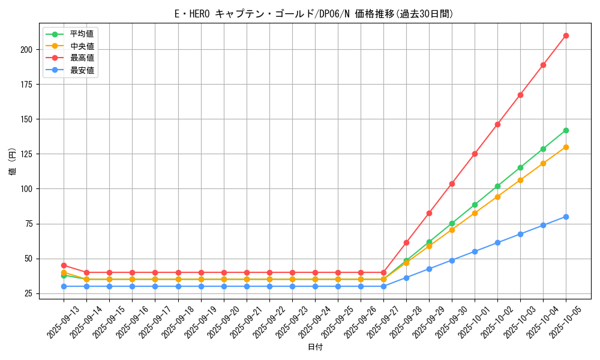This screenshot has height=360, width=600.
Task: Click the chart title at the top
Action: (314, 14)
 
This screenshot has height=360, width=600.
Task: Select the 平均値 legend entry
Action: (82, 34)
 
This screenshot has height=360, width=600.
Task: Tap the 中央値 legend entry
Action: (82, 46)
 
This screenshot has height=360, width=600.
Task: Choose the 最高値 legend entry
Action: (82, 58)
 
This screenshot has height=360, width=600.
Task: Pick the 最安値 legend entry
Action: (82, 70)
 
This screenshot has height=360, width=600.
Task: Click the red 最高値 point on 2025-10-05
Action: (566, 35)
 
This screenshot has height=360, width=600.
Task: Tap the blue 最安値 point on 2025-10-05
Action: (566, 217)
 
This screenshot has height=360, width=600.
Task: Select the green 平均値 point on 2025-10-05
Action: (566, 130)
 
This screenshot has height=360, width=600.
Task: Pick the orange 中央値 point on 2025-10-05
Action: (566, 147)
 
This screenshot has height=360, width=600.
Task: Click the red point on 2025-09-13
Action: (64, 265)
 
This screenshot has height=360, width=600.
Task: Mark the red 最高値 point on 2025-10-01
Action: (475, 154)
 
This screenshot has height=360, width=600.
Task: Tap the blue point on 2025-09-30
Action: (452, 260)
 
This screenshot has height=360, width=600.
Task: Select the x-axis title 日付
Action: (315, 347)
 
